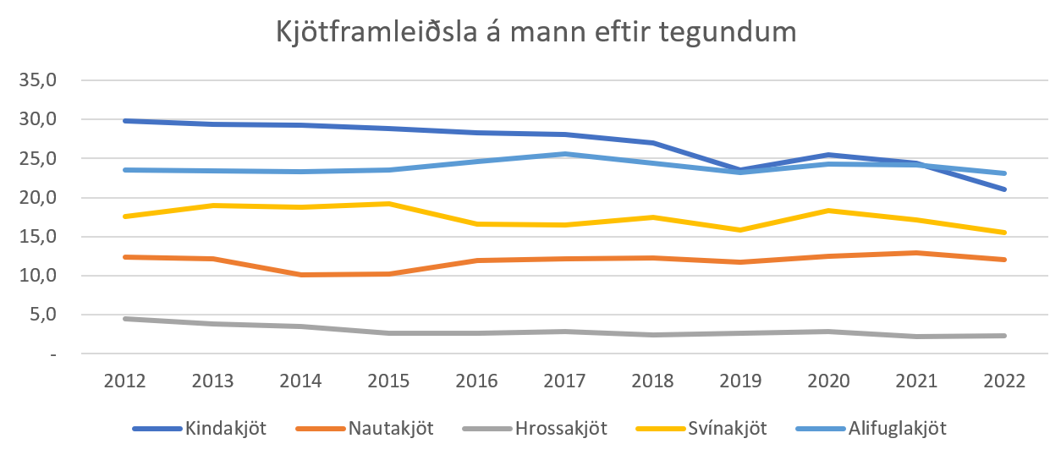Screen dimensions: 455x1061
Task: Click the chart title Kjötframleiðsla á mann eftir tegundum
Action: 536,33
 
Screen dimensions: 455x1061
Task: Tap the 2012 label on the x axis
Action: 125,381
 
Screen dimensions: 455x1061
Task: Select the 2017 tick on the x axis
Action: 564,381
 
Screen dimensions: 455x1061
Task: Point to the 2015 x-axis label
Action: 388,381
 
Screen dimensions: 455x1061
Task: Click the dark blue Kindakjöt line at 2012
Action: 125,121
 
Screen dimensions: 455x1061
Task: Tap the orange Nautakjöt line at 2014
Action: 301,275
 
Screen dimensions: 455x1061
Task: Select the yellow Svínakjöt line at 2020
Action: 828,211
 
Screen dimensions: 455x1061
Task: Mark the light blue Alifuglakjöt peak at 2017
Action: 564,154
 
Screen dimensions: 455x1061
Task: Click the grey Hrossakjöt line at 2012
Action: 125,319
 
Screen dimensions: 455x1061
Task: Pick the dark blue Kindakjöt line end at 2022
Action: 1003,189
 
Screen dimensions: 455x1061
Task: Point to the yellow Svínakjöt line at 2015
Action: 388,204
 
